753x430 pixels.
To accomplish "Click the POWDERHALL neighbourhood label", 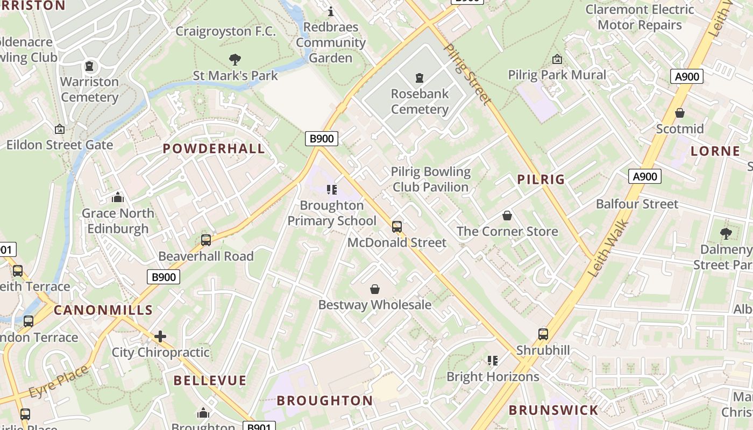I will pos(214,149).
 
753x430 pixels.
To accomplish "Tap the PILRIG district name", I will pos(541,180).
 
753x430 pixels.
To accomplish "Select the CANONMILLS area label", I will pos(103,310).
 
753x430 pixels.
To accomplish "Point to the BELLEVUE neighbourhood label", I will pos(210,381).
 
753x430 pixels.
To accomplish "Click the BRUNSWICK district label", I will pos(553,410).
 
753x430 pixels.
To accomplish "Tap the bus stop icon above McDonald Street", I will pos(397,227).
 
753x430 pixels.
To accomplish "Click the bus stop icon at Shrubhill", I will pos(543,334).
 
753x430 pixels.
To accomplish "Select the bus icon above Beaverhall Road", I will pos(205,240).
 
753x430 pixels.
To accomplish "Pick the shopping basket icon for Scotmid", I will pos(680,113).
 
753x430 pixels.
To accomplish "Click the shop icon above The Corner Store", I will pos(507,216).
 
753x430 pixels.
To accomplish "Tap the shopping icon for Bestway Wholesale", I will pos(375,289).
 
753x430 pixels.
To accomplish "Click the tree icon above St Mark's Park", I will pos(235,59).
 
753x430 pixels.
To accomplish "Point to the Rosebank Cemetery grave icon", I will pos(420,78).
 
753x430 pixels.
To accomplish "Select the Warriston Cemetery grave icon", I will pos(89,66).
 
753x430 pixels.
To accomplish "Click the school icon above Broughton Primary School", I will pos(331,189).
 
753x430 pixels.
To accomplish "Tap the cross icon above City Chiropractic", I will pos(160,336).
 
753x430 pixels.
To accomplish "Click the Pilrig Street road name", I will pos(467,74).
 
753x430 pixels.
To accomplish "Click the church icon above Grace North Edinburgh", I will pos(118,197).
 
